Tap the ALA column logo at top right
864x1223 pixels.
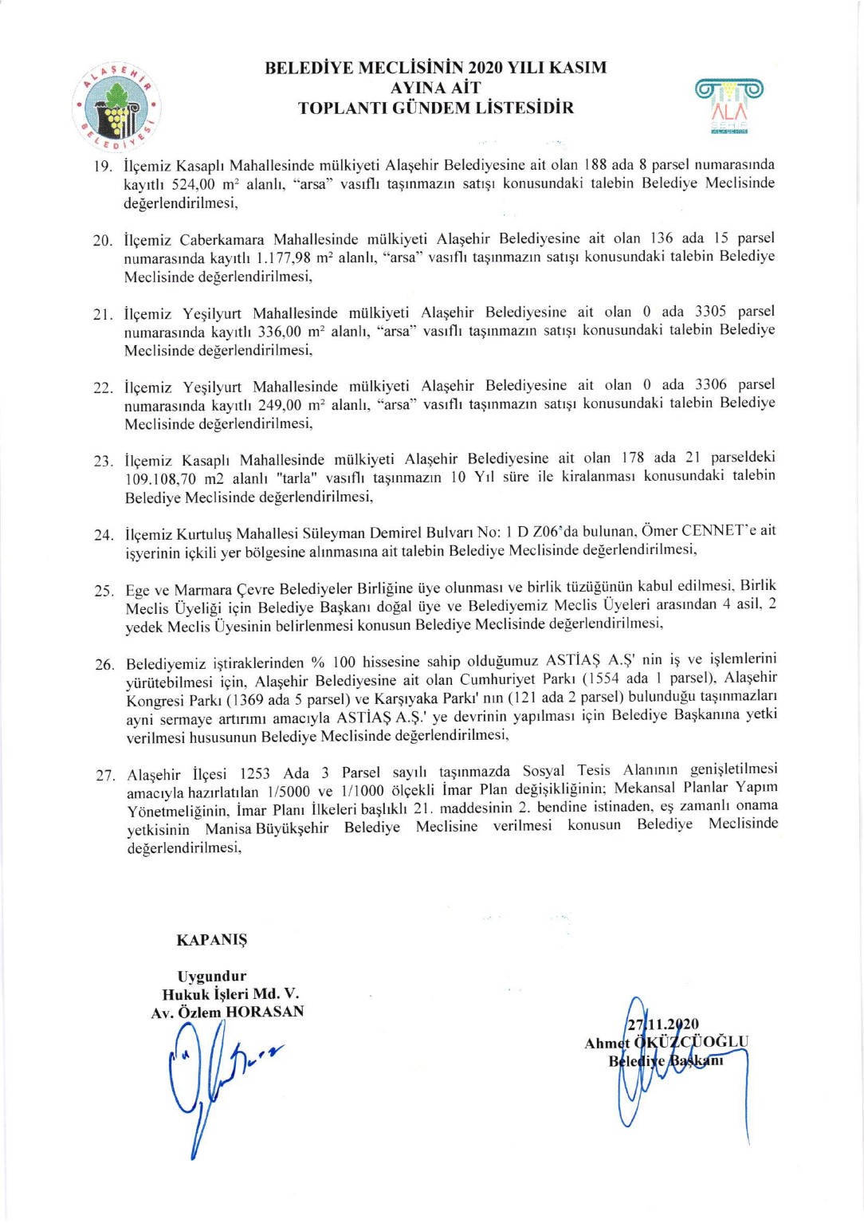pos(729,104)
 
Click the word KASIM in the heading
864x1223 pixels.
pos(570,68)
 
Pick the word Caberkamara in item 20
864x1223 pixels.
pos(222,240)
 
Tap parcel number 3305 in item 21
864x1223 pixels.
pos(710,311)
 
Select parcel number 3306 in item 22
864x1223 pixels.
pos(711,384)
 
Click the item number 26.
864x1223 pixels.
pos(104,664)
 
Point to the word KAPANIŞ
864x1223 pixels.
pos(212,940)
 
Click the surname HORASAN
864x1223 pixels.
pos(265,1012)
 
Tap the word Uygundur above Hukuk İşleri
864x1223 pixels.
pos(212,976)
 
